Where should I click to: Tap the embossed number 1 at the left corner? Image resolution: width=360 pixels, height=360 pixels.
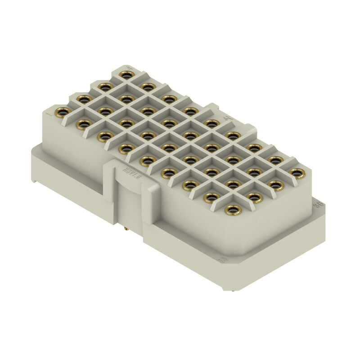point(50,114)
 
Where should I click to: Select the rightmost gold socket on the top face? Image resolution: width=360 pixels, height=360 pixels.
point(297,172)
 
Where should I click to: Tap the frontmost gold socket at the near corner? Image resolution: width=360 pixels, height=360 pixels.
point(233,209)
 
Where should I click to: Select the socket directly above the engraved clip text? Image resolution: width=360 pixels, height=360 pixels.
point(147,160)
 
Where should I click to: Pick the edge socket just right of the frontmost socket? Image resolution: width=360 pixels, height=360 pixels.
point(254,197)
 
